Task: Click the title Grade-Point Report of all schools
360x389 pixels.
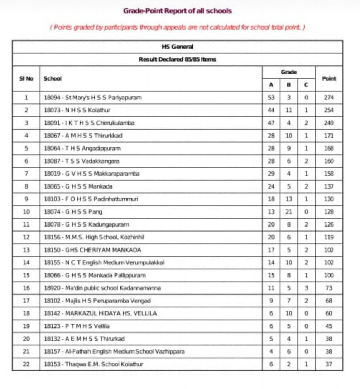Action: coord(177,11)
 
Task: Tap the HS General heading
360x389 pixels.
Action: coord(177,47)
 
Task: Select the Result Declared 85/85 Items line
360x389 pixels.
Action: coord(177,59)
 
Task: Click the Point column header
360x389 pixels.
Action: coord(329,78)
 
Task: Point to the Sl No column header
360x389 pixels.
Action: coord(26,78)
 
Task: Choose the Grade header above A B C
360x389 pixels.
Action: coord(289,72)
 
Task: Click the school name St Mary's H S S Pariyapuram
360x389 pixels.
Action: coord(93,97)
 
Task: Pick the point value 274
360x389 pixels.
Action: coord(329,97)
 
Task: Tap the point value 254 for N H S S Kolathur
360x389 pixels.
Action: coord(329,110)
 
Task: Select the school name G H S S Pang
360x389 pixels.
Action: coord(73,212)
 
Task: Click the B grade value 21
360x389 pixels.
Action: coord(289,212)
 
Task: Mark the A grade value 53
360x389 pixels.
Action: coord(271,97)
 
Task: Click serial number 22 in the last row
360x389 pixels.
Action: coord(26,364)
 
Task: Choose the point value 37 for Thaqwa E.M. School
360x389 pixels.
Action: coord(329,364)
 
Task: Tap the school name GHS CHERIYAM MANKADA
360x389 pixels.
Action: coord(92,250)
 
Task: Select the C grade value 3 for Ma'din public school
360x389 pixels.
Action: coord(306,288)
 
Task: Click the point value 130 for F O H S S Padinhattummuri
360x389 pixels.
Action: coord(329,199)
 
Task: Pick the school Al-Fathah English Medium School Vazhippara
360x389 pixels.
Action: coord(114,351)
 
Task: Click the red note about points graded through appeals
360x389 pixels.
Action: coord(177,28)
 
